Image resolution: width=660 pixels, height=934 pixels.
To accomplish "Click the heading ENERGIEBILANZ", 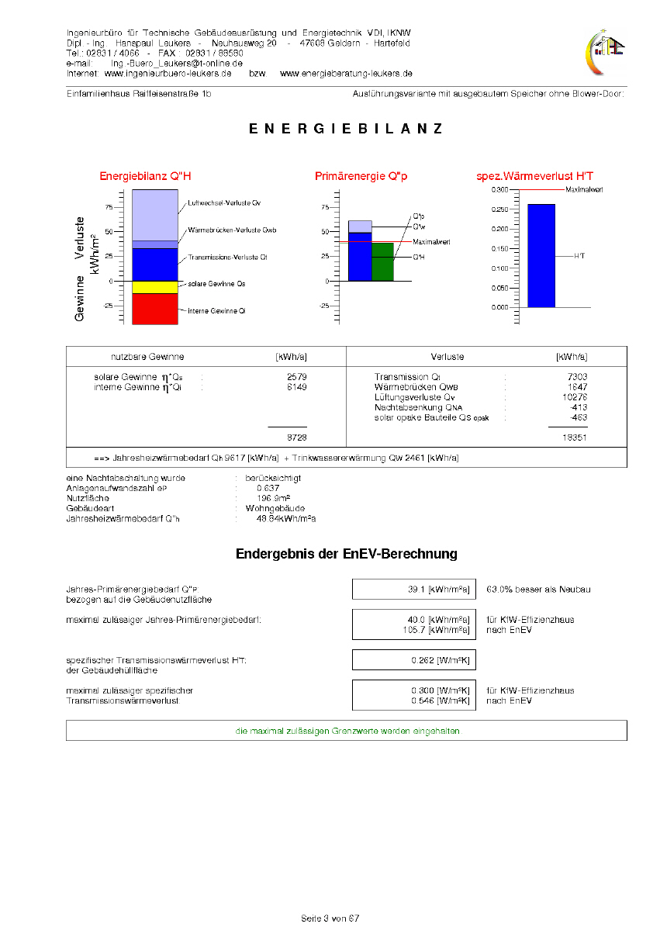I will pyautogui.click(x=346, y=130).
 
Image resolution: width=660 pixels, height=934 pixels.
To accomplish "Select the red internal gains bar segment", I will pyautogui.click(x=155, y=309).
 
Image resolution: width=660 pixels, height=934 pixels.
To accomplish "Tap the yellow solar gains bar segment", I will pyautogui.click(x=155, y=288).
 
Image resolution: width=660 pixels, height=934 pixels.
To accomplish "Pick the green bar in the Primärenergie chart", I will pyautogui.click(x=383, y=261).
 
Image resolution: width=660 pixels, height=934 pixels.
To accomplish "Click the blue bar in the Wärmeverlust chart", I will pyautogui.click(x=541, y=255).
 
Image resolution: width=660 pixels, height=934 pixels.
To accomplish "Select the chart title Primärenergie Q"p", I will pyautogui.click(x=361, y=177).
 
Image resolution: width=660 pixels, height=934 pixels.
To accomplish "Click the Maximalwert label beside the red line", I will pyautogui.click(x=585, y=189).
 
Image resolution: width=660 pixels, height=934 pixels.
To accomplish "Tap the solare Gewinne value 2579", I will pyautogui.click(x=297, y=377).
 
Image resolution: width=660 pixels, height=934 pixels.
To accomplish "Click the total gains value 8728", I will pyautogui.click(x=297, y=438).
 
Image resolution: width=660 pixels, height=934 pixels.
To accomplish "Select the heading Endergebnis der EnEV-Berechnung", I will pyautogui.click(x=346, y=554).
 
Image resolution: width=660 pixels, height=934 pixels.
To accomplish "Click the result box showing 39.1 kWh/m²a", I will pyautogui.click(x=413, y=590).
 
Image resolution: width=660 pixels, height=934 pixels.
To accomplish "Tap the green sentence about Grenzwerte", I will pyautogui.click(x=347, y=732).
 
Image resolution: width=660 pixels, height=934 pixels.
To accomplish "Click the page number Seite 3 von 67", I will pyautogui.click(x=330, y=918).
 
